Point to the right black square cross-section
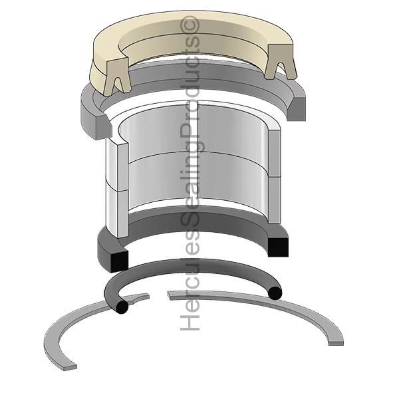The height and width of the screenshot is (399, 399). pos(279,246)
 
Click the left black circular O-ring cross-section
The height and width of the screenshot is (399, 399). pos(120,307)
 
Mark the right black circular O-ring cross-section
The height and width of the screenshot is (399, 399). pos(275,292)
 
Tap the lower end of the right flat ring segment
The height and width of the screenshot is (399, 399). pos(336,340)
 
